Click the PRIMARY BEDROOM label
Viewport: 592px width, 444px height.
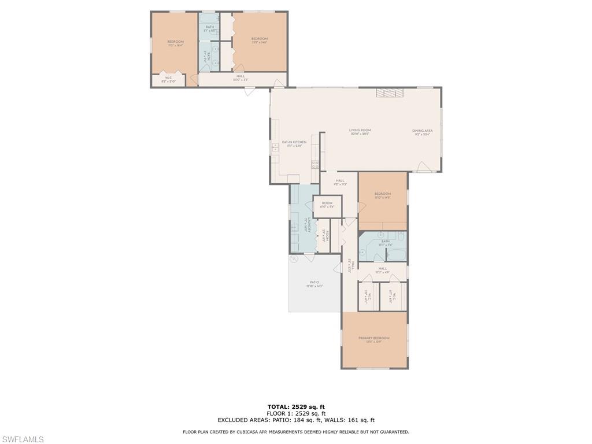(x=373, y=338)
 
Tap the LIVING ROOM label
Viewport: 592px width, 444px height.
(x=360, y=131)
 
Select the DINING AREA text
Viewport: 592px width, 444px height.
(x=422, y=131)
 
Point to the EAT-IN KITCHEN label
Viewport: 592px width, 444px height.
(x=294, y=142)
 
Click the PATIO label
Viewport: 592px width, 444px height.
(x=314, y=283)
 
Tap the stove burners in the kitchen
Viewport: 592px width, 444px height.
(x=315, y=164)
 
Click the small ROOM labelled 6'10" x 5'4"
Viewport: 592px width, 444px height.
(x=327, y=203)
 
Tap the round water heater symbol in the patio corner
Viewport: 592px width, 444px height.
(x=294, y=259)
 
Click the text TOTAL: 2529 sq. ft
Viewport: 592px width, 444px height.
(x=296, y=406)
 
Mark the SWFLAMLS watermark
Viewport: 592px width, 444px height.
(x=22, y=440)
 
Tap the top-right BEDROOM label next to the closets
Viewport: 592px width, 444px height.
(x=260, y=39)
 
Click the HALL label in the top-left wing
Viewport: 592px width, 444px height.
(x=240, y=76)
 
